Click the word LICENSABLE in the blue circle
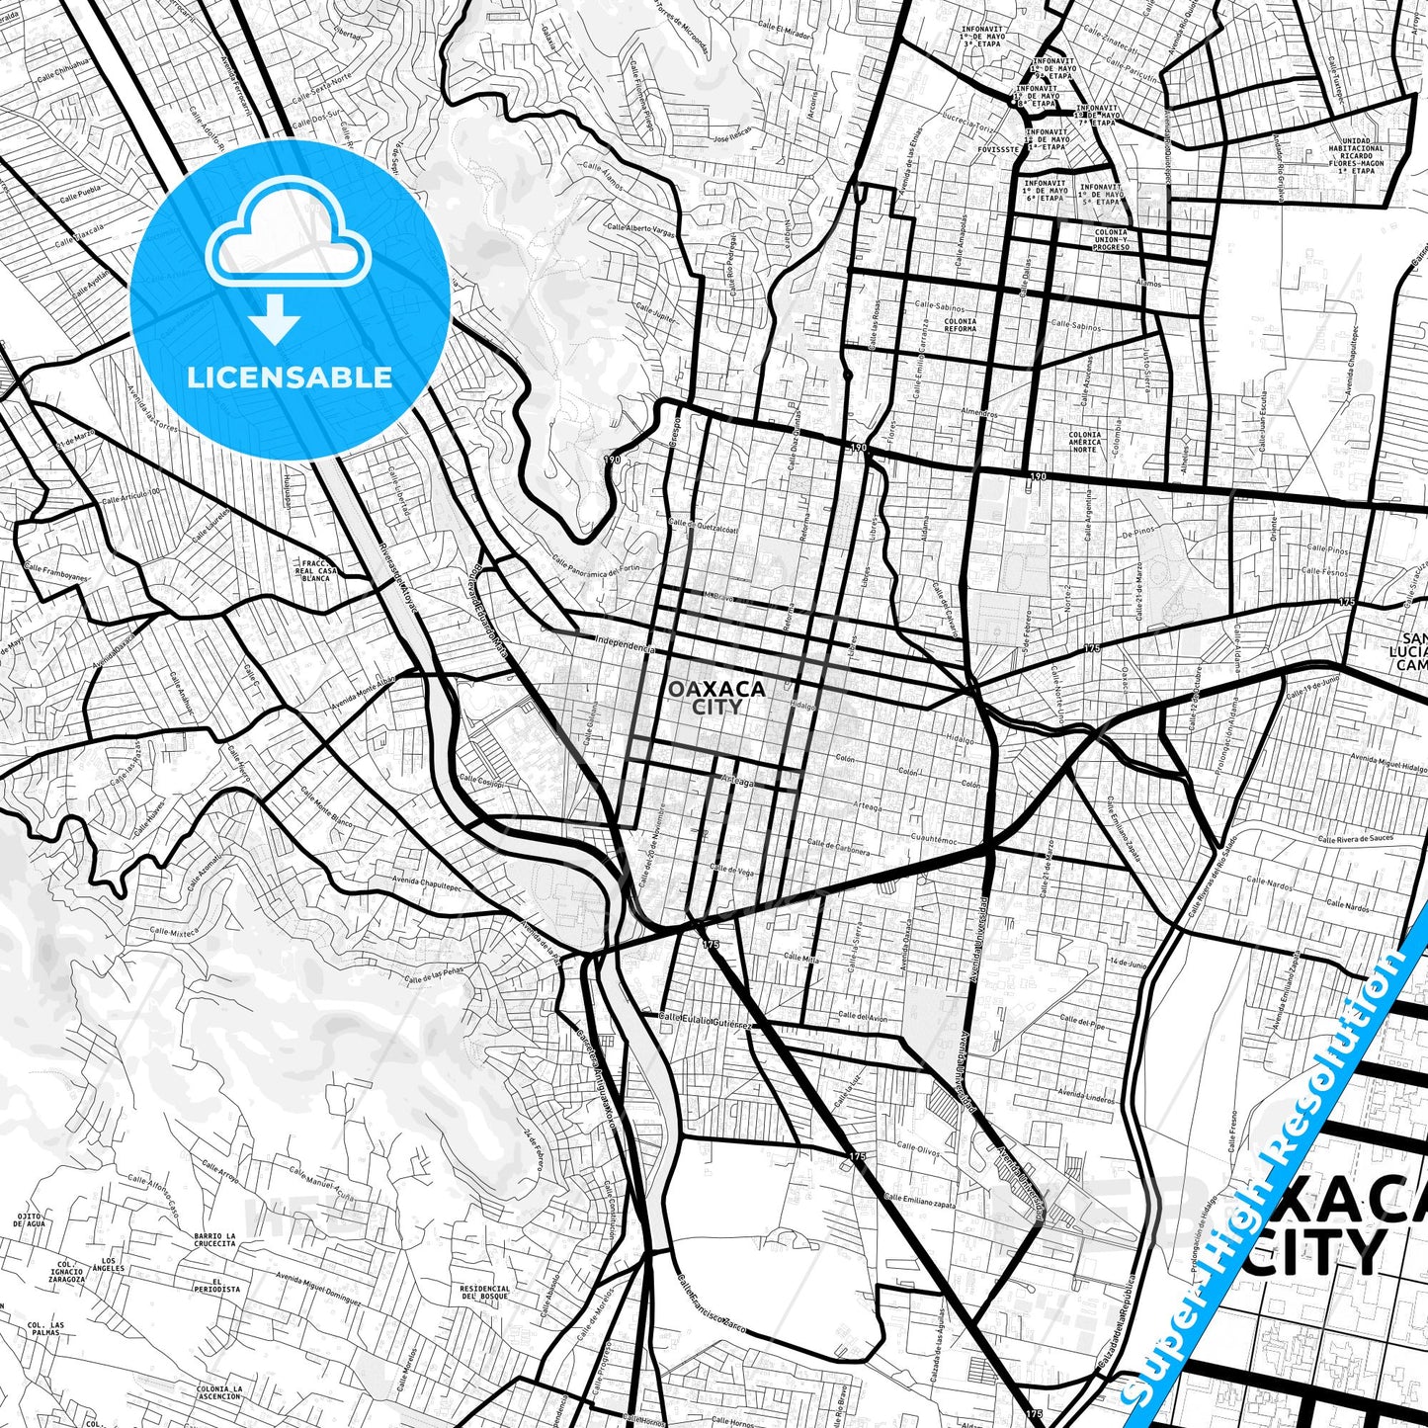290,377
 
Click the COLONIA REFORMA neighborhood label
960,325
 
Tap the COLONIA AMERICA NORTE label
1084,442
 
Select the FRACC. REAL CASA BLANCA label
317,570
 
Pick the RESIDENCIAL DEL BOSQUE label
484,1293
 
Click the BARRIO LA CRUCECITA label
214,1240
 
